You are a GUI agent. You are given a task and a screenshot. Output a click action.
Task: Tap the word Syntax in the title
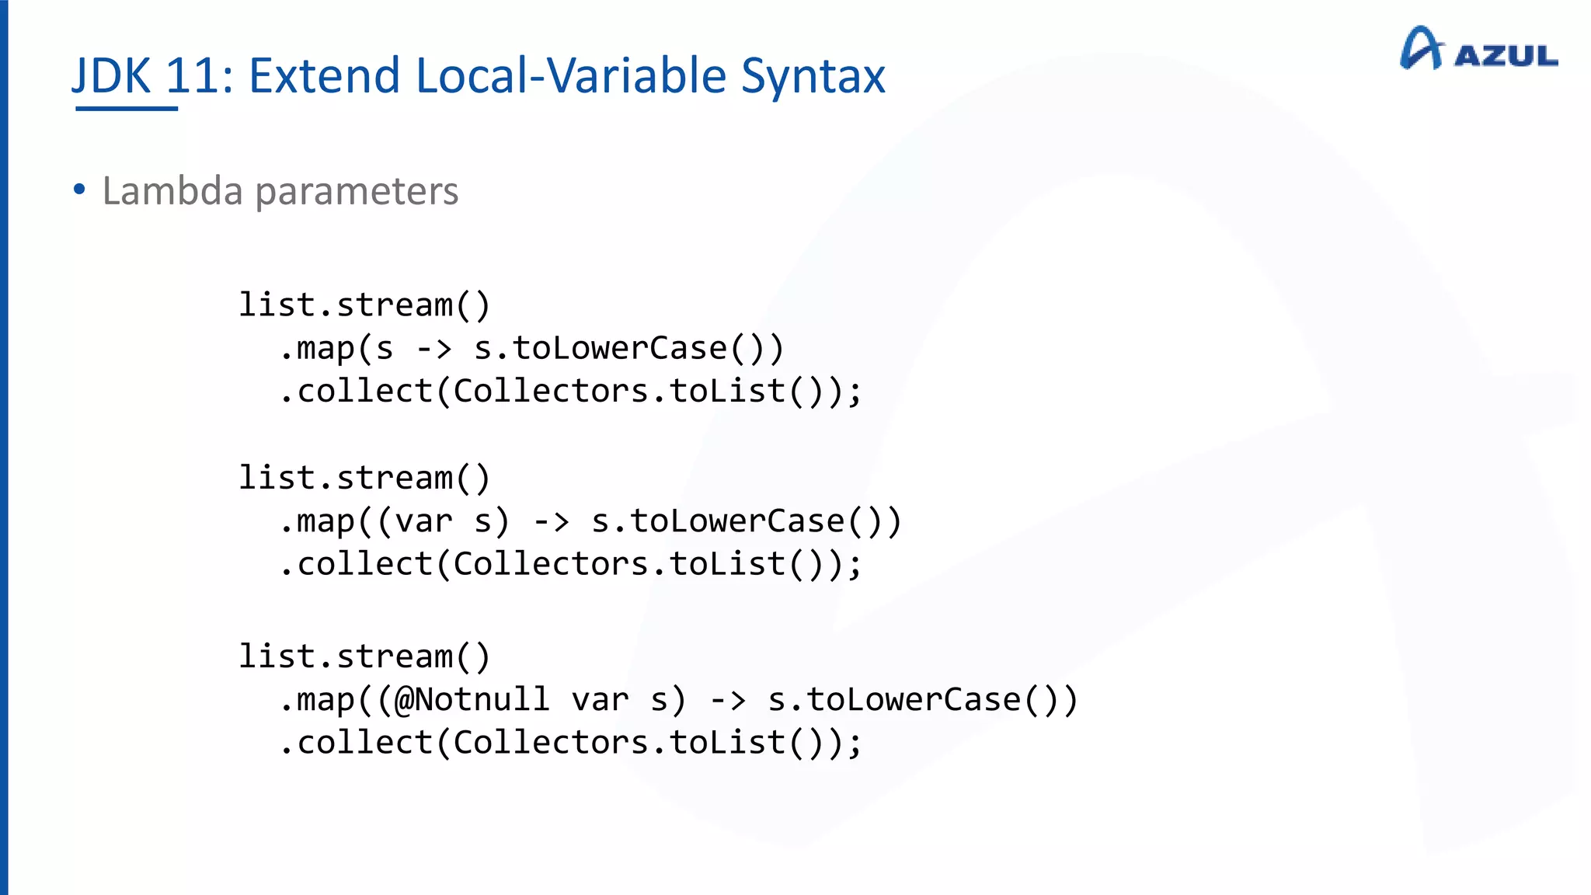pos(813,76)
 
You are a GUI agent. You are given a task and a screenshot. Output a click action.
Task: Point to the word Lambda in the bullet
pos(172,191)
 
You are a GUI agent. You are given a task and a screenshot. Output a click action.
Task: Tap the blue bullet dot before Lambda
pos(79,189)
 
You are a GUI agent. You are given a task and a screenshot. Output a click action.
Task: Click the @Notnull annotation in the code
pos(472,699)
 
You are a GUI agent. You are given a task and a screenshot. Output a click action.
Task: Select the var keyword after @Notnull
pos(600,699)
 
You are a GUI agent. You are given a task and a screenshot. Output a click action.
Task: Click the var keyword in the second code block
pos(423,521)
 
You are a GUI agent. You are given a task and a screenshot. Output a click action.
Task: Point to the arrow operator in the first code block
pos(433,349)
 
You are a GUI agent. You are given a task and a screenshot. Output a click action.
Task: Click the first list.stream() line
pos(364,305)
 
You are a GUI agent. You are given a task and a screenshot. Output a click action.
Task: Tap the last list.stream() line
pos(364,656)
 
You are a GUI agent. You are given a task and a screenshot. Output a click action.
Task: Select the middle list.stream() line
pos(364,478)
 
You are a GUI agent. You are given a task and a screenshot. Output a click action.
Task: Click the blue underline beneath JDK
pos(127,109)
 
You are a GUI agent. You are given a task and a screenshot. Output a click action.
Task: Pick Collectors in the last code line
pos(550,743)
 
